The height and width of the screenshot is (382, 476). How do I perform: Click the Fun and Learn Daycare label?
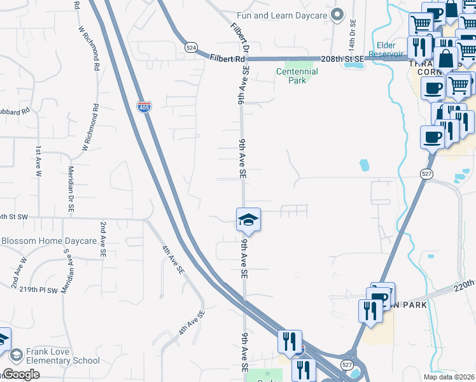coord(281,15)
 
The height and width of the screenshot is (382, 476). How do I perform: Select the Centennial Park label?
coord(297,76)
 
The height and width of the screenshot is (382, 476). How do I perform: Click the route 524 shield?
coord(192,48)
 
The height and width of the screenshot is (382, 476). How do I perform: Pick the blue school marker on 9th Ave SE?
coord(248,220)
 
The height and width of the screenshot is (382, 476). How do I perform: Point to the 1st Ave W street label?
coord(38,160)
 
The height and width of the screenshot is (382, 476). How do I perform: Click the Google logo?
coord(21,374)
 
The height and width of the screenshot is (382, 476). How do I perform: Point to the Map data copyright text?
coord(449,377)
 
